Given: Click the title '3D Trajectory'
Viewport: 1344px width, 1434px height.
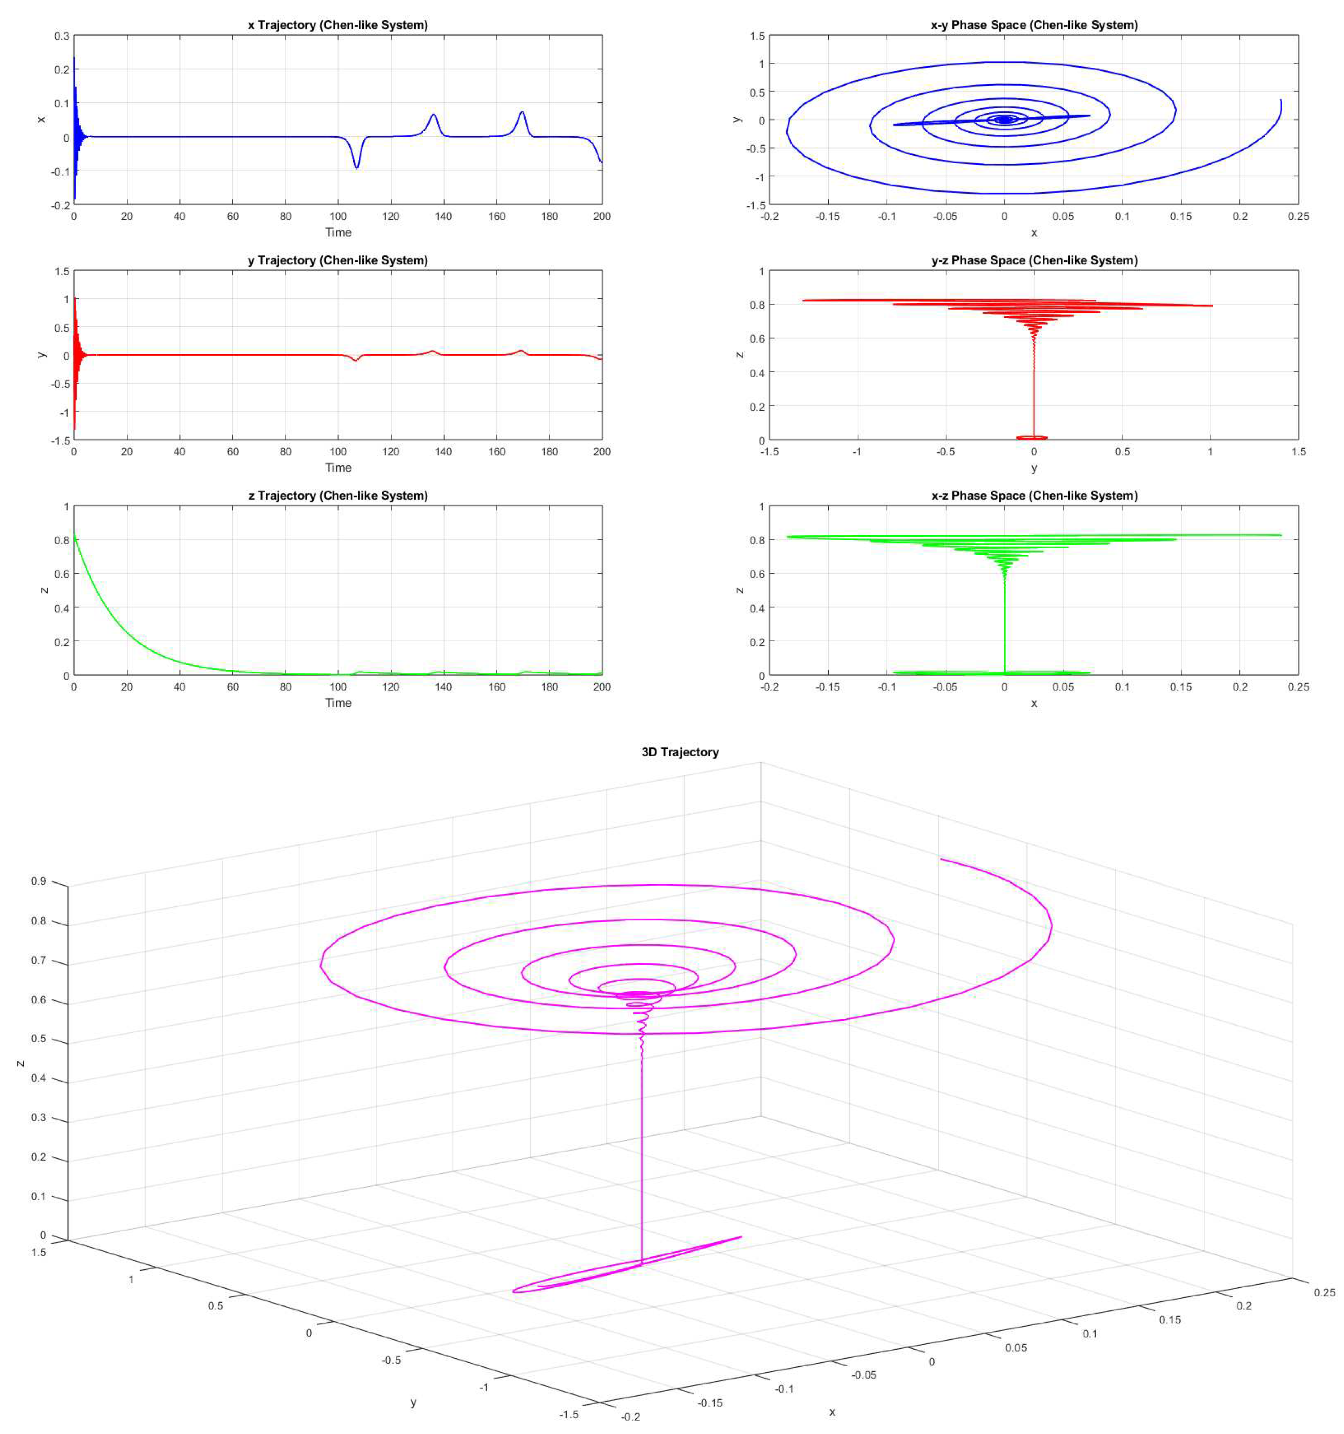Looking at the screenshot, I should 680,752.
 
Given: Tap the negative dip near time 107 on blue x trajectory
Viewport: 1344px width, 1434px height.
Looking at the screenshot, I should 356,167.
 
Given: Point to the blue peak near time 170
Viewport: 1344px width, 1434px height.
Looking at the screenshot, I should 522,112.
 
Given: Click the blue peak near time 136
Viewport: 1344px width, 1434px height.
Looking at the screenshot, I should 434,115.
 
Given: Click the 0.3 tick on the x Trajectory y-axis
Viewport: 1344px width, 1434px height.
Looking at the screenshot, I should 62,36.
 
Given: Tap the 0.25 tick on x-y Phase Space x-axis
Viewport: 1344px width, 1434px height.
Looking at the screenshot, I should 1298,216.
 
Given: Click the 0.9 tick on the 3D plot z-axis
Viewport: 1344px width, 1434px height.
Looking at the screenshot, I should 38,882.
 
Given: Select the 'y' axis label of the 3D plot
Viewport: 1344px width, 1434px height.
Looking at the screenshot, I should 413,1402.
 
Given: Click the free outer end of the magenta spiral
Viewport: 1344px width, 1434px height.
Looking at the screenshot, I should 942,859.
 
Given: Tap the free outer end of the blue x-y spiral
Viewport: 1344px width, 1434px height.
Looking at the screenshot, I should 1280,100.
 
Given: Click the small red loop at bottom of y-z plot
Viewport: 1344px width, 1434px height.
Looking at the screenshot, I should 1032,437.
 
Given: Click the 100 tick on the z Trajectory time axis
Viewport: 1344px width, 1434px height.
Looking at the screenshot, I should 338,687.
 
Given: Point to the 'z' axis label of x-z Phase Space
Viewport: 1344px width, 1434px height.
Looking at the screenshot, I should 739,590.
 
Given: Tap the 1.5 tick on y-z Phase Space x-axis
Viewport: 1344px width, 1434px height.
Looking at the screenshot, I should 1298,452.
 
